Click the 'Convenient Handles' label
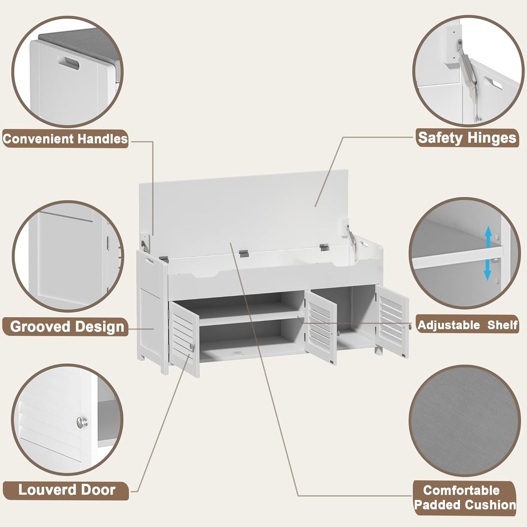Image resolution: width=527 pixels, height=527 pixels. click(x=65, y=139)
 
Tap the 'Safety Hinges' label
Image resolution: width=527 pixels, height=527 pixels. click(x=467, y=138)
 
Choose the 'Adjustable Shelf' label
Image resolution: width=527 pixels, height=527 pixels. click(x=468, y=325)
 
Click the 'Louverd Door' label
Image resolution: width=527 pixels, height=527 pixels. click(x=67, y=490)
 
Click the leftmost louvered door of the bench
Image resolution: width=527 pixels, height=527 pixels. click(x=184, y=339)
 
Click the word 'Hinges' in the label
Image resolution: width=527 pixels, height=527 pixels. click(x=492, y=138)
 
